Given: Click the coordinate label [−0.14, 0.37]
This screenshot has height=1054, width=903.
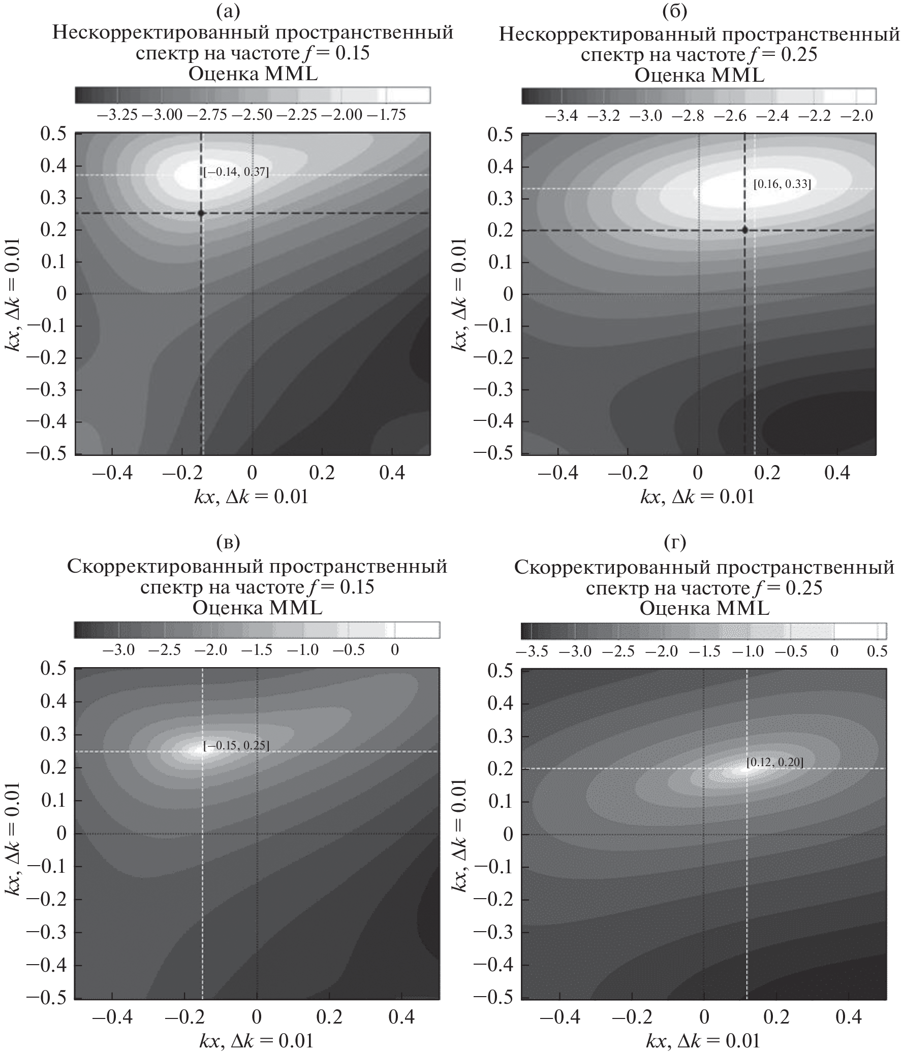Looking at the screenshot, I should pyautogui.click(x=236, y=173).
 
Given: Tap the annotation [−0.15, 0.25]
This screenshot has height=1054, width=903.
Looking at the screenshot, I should pyautogui.click(x=236, y=746).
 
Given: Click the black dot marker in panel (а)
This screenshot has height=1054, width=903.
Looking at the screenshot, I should pyautogui.click(x=201, y=213).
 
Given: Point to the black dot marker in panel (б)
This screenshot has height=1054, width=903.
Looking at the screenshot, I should pyautogui.click(x=744, y=230).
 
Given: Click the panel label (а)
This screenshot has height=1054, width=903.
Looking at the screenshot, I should pyautogui.click(x=228, y=11).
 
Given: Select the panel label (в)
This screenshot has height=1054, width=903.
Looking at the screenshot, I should pyautogui.click(x=228, y=543).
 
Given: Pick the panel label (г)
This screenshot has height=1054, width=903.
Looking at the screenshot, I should pyautogui.click(x=675, y=543).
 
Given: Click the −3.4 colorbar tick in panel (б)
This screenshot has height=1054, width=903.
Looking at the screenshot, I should pyautogui.click(x=562, y=116).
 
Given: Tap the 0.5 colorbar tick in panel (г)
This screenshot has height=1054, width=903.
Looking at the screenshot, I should pyautogui.click(x=877, y=651).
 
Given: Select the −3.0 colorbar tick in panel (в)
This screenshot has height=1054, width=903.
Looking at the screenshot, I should pyautogui.click(x=118, y=650).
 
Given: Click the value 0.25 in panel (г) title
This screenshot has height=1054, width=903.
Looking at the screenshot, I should pyautogui.click(x=804, y=588).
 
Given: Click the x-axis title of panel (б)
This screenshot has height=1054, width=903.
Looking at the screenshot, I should pyautogui.click(x=697, y=497).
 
